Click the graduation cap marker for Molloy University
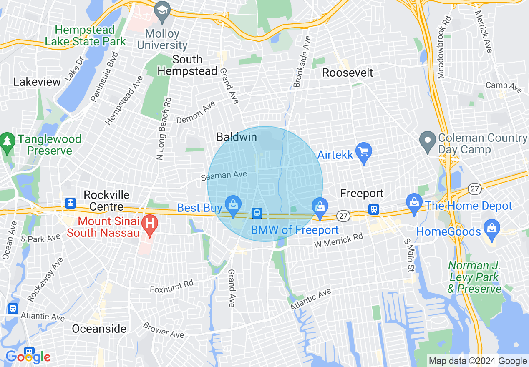coord(161,10)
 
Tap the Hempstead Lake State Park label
coord(85,35)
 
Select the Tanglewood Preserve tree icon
coord(7,141)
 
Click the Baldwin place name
coord(237,137)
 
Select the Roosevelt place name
coord(348,73)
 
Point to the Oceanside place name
coord(99,329)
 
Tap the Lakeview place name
coord(37,82)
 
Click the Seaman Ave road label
coord(224,176)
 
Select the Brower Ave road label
coord(163,329)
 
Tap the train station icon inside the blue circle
coord(257,213)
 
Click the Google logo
coord(28,357)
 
